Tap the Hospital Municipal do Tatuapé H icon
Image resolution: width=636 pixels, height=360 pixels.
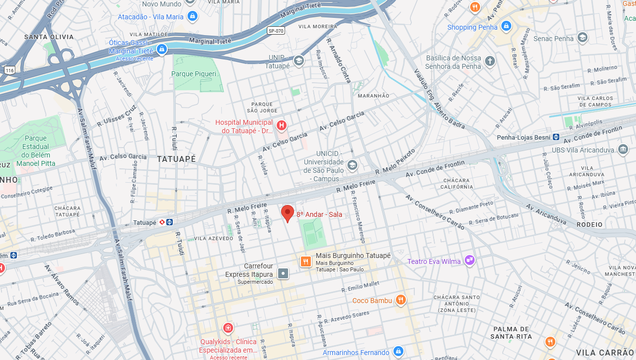point(282,126)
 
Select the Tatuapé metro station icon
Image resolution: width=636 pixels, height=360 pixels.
point(169,222)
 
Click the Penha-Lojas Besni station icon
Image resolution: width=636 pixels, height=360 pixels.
point(556,137)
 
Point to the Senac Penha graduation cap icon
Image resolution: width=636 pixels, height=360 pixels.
point(583,38)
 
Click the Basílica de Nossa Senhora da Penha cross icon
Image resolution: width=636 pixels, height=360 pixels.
point(489,61)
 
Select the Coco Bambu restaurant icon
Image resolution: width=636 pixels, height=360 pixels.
point(400,300)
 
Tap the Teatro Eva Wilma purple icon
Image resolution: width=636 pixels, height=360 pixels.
point(469,260)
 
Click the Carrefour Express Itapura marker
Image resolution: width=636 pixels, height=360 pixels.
point(283,273)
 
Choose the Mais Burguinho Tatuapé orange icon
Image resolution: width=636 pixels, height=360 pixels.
point(305,261)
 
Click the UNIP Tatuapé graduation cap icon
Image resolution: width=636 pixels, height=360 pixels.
point(298,61)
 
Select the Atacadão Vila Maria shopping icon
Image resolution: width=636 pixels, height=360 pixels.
point(193,16)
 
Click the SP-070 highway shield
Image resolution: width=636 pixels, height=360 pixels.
point(276,31)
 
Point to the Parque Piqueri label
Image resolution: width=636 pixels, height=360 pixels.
point(194,74)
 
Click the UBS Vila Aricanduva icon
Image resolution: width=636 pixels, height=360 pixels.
point(623,150)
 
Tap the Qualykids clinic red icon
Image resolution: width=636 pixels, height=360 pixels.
point(228,328)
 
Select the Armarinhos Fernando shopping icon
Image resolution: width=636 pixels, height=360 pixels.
point(398,352)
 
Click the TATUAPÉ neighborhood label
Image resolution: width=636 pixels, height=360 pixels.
point(176,159)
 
